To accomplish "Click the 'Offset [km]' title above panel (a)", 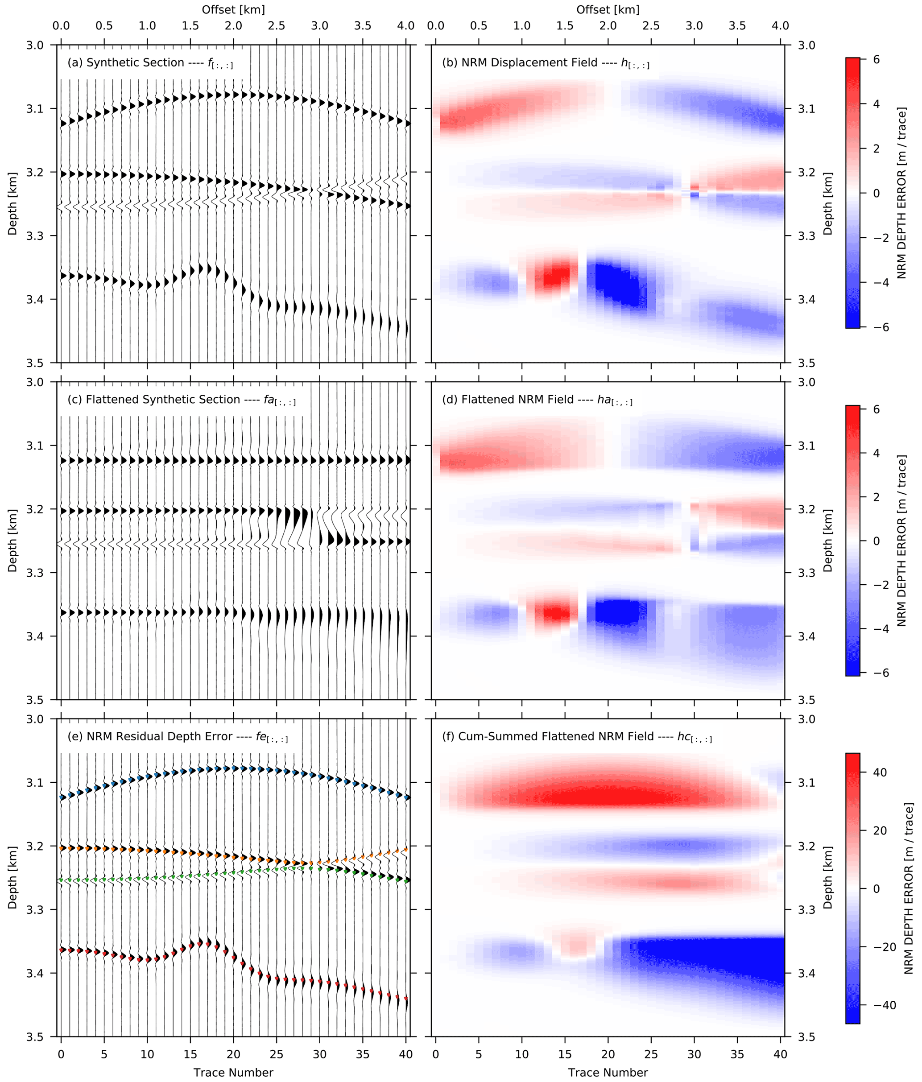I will pyautogui.click(x=233, y=10).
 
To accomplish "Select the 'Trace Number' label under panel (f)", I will pyautogui.click(x=608, y=1072).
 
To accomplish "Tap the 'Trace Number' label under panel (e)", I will pyautogui.click(x=233, y=1072).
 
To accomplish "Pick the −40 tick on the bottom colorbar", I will pyautogui.click(x=880, y=1005).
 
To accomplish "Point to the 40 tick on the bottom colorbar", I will pyautogui.click(x=879, y=772).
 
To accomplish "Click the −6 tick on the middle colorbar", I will pyautogui.click(x=876, y=673).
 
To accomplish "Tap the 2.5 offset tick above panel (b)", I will pyautogui.click(x=651, y=26).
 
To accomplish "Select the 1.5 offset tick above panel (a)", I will pyautogui.click(x=190, y=26).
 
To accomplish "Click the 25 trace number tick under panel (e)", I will pyautogui.click(x=277, y=1054).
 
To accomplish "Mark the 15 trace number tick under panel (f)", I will pyautogui.click(x=565, y=1054).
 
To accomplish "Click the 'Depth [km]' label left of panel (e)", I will pyautogui.click(x=12, y=877).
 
